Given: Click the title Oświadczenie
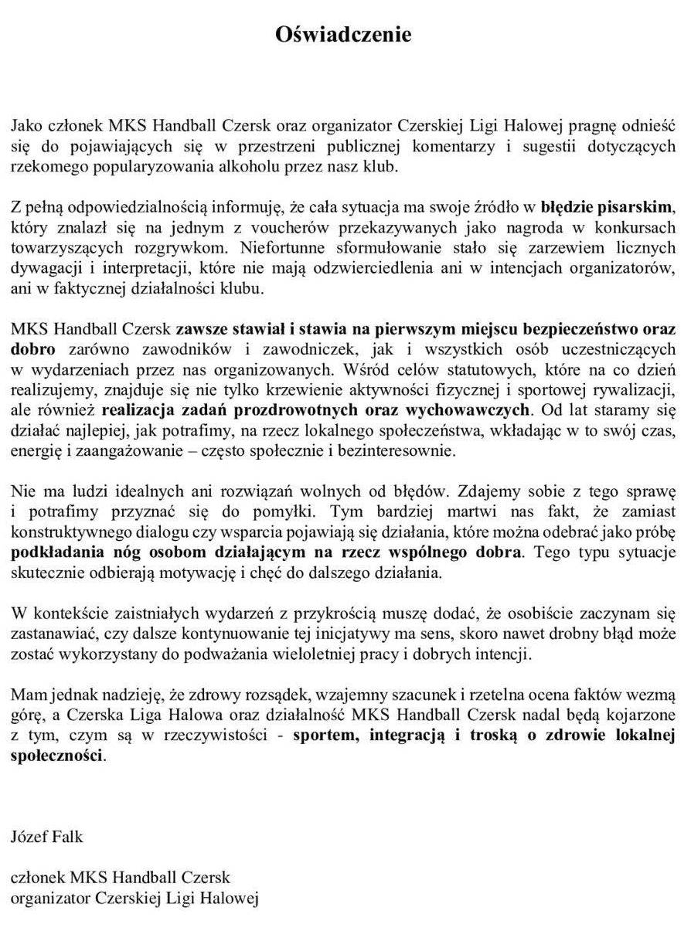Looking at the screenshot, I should coord(344,35).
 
